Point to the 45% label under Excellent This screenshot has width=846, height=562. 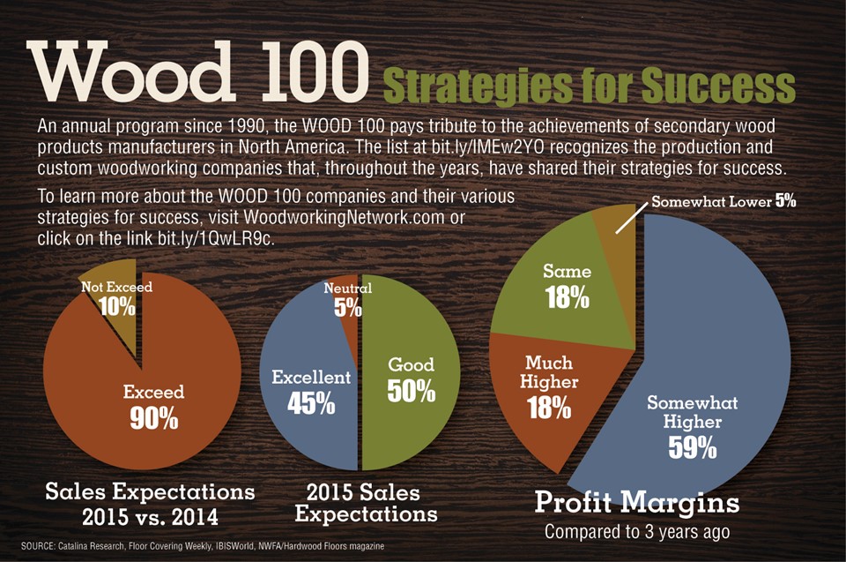(x=311, y=403)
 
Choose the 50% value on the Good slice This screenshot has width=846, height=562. (x=412, y=391)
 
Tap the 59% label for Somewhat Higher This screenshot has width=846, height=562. (x=693, y=447)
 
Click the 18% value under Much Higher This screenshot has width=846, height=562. (x=549, y=408)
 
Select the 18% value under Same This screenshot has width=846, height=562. (x=567, y=297)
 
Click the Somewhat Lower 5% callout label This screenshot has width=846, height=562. (x=724, y=201)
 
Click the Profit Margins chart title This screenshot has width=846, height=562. (x=637, y=502)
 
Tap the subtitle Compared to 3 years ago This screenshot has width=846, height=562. (x=637, y=532)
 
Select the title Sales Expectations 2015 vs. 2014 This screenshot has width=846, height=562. (x=150, y=504)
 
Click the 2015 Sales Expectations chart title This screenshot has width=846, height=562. (x=365, y=503)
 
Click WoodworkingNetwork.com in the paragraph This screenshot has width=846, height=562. (x=345, y=217)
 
